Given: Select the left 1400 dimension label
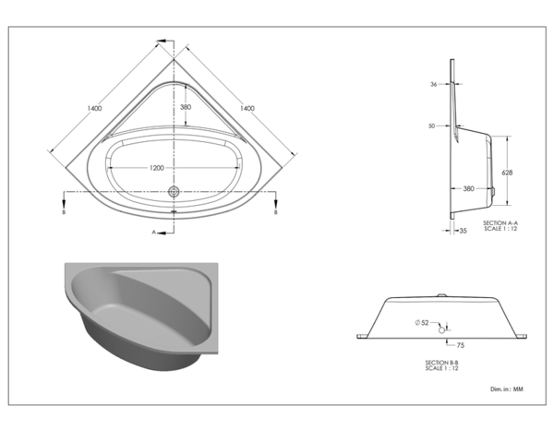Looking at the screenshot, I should click(x=95, y=109).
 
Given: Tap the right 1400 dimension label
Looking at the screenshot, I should click(x=247, y=109).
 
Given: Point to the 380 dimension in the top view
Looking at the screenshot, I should click(x=187, y=106).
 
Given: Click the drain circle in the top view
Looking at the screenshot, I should click(x=173, y=192).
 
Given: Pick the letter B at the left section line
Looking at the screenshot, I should click(x=63, y=212).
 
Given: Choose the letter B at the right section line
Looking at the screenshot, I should click(x=276, y=212).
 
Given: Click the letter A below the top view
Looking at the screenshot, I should click(x=154, y=233).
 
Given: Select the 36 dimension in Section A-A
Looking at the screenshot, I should click(x=433, y=85).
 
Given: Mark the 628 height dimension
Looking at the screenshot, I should click(x=506, y=173).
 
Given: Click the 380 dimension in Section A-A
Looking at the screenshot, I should click(x=468, y=188).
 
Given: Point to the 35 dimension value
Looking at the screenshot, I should click(x=463, y=232).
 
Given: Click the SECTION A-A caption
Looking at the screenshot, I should click(x=500, y=223).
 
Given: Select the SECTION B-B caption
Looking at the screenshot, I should click(x=441, y=362).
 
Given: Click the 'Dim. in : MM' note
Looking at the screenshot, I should click(x=509, y=390).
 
